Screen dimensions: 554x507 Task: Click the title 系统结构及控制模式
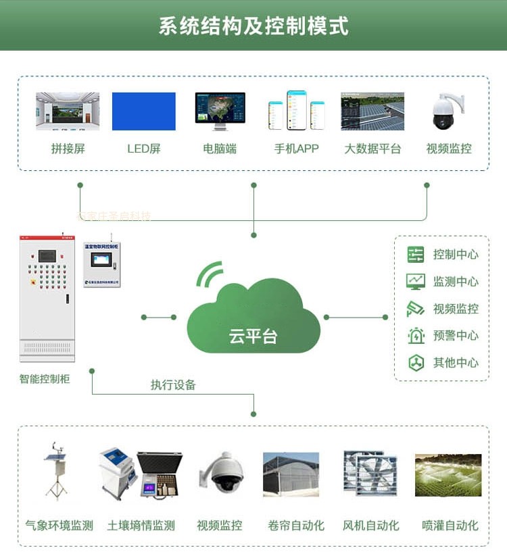[254, 26]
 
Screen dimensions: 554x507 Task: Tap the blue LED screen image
[143, 111]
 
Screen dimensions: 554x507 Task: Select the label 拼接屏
[68, 149]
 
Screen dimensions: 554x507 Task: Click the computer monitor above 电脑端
[220, 111]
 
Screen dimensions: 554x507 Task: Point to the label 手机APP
[296, 149]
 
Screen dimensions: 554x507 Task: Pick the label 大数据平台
[372, 149]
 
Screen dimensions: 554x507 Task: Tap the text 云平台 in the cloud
[254, 336]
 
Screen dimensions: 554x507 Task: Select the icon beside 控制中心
[416, 255]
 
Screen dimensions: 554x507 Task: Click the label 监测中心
[456, 282]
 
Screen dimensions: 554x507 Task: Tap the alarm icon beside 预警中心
[416, 336]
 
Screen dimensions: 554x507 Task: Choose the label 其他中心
[456, 363]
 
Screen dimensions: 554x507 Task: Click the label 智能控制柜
[45, 379]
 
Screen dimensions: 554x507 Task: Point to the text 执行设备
[173, 385]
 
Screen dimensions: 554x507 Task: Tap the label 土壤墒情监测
[141, 525]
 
